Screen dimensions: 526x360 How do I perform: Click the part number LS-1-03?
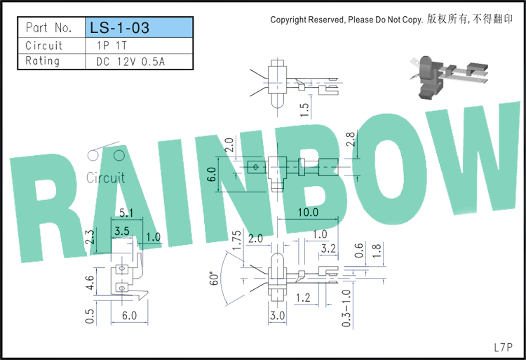(119, 27)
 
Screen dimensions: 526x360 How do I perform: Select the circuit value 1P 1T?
(112, 46)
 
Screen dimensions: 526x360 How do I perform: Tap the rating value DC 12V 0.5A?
(130, 62)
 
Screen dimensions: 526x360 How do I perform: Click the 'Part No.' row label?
(49, 27)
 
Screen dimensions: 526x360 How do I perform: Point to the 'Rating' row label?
(42, 61)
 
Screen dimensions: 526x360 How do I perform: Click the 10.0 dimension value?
(308, 212)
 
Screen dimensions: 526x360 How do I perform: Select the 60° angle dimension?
(214, 278)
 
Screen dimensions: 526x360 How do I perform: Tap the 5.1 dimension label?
(126, 213)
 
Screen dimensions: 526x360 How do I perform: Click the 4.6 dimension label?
(90, 282)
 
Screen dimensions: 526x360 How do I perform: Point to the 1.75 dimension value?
(236, 240)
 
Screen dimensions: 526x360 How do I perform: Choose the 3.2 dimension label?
(328, 248)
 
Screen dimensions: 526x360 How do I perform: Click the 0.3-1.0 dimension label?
(346, 308)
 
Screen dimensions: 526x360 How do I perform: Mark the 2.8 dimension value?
(350, 139)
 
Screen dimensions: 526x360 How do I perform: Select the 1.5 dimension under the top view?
(304, 110)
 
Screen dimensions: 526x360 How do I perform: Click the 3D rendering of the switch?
(449, 77)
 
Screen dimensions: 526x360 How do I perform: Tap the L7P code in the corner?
(503, 347)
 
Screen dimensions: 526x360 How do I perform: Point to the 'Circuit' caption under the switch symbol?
(105, 178)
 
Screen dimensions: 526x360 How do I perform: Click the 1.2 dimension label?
(303, 298)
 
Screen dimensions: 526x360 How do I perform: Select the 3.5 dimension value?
(121, 231)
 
